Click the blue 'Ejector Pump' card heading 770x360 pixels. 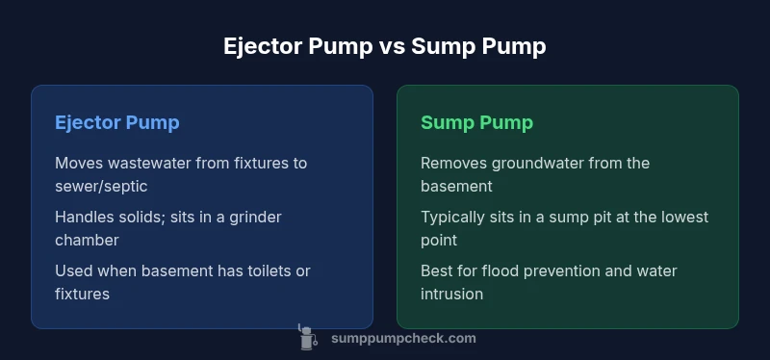117,123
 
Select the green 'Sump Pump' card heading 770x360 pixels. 476,123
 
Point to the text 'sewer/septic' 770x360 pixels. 100,186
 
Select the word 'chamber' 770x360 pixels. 88,240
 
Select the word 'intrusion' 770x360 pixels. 453,294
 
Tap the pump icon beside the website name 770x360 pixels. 308,337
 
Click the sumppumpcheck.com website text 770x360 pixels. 402,338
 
